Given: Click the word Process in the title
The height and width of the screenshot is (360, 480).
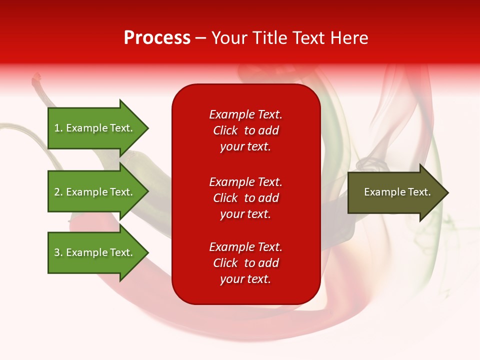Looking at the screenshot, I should point(157,37).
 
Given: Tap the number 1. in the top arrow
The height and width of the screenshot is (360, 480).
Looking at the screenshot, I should point(58,128).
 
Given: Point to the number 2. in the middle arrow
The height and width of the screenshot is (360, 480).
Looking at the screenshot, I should point(58,192).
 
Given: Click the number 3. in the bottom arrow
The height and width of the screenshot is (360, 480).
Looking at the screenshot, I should point(58,252).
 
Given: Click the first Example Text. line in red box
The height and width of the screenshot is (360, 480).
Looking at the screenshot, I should point(245,114).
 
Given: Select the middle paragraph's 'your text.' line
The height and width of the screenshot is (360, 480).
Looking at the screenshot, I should point(245,214).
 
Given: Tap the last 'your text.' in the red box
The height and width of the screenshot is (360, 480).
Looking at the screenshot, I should point(245,279).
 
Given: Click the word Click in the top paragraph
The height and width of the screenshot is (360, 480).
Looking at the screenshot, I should point(225,130).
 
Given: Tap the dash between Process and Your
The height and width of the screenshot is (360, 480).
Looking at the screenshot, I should point(200,38).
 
